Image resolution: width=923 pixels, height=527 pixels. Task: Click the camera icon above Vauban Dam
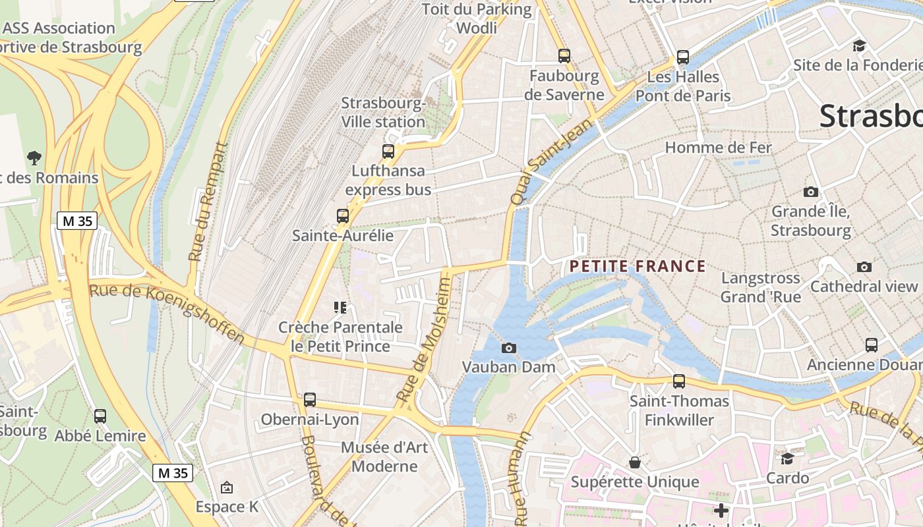point(509,348)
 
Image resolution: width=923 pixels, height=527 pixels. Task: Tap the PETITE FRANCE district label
point(638,266)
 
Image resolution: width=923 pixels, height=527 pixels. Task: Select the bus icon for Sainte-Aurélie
point(343,215)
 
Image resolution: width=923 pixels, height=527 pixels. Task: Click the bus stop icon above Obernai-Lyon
point(310,399)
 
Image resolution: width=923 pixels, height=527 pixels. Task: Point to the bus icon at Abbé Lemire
point(100,416)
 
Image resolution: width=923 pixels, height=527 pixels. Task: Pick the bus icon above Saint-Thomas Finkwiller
point(679,381)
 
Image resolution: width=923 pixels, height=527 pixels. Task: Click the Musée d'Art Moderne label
point(384,457)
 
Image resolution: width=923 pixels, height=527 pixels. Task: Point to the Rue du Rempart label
point(206,202)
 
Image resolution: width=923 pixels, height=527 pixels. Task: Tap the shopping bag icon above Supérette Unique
point(635,462)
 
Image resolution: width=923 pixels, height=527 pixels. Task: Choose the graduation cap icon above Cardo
point(788,458)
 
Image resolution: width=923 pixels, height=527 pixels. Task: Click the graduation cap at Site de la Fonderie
point(859,45)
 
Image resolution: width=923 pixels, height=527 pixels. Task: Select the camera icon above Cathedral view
point(864,267)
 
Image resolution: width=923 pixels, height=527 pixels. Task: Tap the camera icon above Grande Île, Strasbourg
point(811,192)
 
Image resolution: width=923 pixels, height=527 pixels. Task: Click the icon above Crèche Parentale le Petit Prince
point(340,307)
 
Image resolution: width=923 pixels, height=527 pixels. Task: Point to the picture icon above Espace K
point(227,487)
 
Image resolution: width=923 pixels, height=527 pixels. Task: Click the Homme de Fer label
point(718,148)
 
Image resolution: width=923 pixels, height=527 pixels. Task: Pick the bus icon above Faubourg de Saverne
point(564,56)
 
